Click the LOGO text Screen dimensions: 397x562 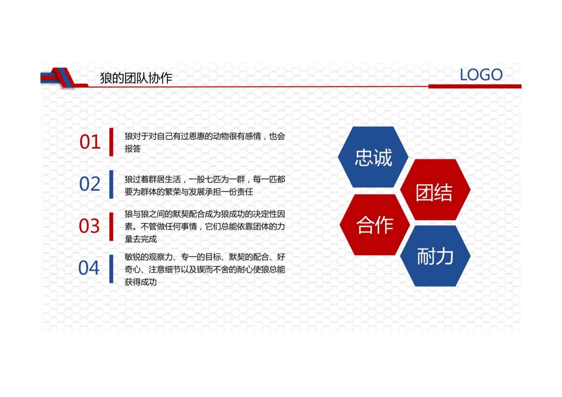pos(481,75)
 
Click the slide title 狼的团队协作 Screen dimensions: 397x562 pos(136,78)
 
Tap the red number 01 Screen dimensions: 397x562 pos(90,142)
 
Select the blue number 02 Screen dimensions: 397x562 pos(90,184)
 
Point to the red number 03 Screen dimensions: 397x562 pos(89,226)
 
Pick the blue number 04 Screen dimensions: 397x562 pos(89,268)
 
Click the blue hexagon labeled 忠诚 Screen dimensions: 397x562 pos(373,157)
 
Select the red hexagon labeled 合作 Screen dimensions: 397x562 pos(374,225)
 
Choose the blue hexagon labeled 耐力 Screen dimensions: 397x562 pos(435,256)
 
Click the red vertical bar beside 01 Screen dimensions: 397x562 pos(111,142)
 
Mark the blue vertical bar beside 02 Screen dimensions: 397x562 pos(111,184)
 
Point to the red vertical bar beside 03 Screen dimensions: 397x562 pos(111,226)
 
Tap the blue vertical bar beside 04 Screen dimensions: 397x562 pos(111,269)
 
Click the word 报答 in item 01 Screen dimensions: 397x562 pos(133,149)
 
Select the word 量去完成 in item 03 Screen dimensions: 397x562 pos(141,239)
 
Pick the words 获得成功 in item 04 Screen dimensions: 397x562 pos(141,282)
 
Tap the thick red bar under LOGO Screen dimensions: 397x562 pos(475,86)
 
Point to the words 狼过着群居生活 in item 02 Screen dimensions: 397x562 pos(153,179)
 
